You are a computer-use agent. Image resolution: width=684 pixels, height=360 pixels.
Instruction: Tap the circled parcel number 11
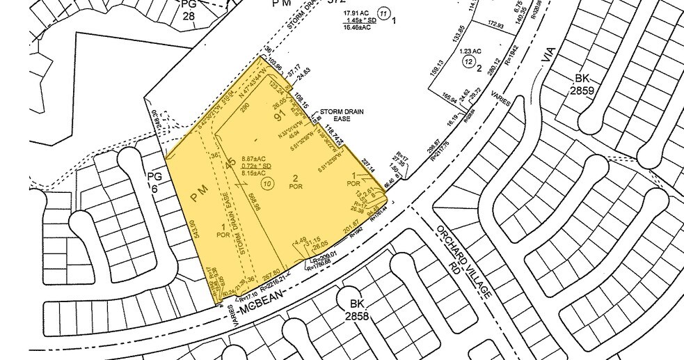383,13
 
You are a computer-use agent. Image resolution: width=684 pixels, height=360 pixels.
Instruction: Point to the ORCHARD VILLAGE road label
463,262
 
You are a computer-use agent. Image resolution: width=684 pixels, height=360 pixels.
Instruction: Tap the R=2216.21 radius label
273,285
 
